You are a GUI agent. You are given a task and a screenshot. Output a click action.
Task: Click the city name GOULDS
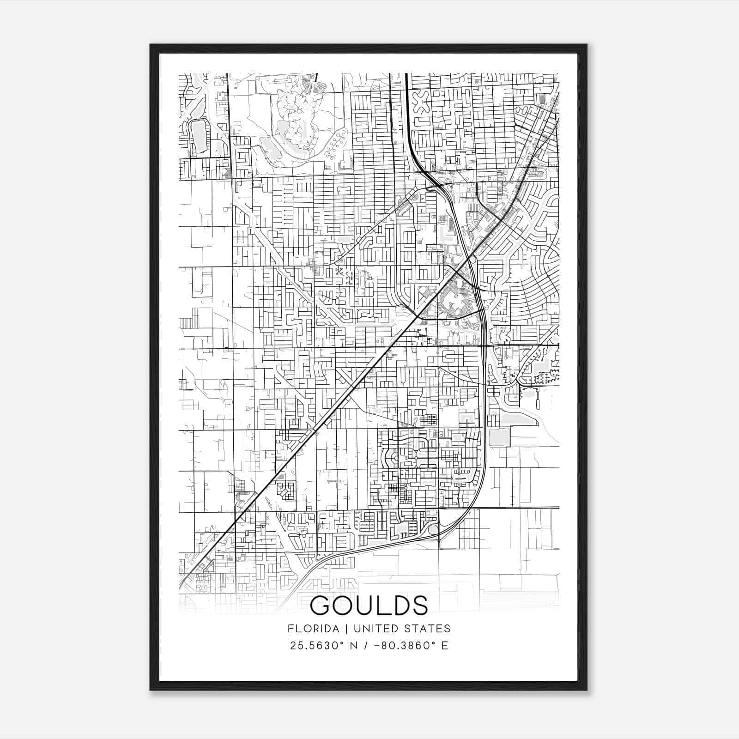point(369,606)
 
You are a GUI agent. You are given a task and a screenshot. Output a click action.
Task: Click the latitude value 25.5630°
point(319,646)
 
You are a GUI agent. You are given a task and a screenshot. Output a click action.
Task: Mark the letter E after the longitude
point(444,646)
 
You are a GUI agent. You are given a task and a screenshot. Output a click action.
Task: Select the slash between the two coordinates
point(367,646)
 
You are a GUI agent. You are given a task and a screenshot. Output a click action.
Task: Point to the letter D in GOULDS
point(399,606)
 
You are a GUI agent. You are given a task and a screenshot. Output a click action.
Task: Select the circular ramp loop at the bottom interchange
point(433,530)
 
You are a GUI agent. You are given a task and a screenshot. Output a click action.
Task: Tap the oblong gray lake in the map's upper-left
point(199,136)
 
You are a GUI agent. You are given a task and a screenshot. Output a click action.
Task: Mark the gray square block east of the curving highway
point(498,437)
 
